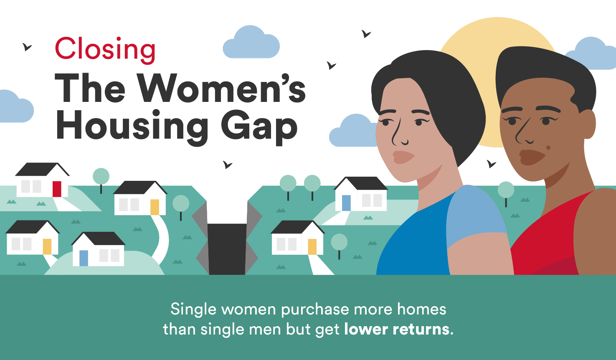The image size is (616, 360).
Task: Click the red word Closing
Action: coord(105,50)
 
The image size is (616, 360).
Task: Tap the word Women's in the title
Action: coord(221,88)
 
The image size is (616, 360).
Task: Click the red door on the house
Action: coord(57,189)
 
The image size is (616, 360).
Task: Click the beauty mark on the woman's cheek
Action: coord(548,148)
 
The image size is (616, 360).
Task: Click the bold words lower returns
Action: coord(398,329)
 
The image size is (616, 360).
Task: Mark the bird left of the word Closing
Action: coord(27,47)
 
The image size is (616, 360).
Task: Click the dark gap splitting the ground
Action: coord(227,249)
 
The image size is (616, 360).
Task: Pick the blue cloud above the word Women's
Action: coord(251,42)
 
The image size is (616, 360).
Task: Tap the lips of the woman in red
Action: coord(532,157)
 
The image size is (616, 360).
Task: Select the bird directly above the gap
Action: coord(228,165)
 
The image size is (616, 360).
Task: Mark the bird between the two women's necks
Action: coord(491,164)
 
